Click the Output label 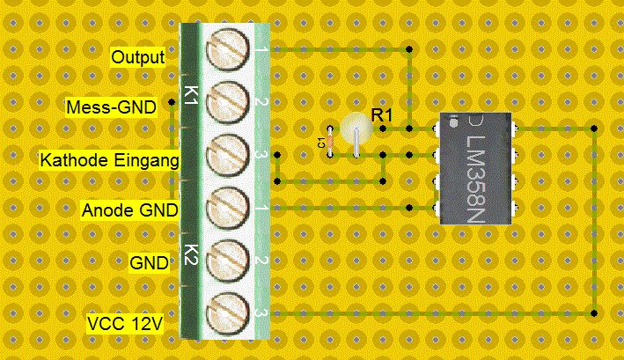point(138,58)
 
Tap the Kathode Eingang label point(109,160)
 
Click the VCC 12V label point(125,323)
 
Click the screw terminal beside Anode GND point(228,209)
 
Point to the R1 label point(381,114)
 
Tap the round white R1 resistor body point(356,128)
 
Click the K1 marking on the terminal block point(188,92)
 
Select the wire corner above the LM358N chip point(410,49)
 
